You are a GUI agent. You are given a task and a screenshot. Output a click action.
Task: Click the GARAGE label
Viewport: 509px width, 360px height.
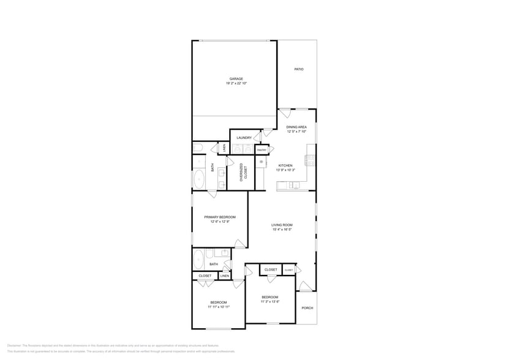pyautogui.click(x=236, y=78)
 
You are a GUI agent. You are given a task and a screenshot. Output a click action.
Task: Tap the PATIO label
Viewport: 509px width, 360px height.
pyautogui.click(x=298, y=69)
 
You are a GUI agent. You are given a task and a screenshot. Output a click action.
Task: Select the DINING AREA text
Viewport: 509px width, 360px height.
pyautogui.click(x=296, y=127)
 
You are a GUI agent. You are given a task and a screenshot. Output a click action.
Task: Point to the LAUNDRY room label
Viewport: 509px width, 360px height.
pyautogui.click(x=244, y=138)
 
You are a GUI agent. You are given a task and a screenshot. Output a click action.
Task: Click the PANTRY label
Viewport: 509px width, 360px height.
pyautogui.click(x=262, y=150)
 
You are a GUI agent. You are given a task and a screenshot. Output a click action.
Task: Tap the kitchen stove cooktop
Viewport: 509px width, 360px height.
pyautogui.click(x=311, y=160)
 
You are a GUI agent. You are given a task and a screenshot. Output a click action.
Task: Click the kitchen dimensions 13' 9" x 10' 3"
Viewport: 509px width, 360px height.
pyautogui.click(x=285, y=170)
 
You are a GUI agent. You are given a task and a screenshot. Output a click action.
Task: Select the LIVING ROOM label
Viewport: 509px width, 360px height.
pyautogui.click(x=282, y=225)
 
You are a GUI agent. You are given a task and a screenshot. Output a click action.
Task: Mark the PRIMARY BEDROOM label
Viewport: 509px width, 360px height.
pyautogui.click(x=219, y=217)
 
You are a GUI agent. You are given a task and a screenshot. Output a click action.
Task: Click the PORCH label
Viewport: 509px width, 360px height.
pyautogui.click(x=307, y=307)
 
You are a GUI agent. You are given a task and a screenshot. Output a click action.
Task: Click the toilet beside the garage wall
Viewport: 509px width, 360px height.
pyautogui.click(x=198, y=148)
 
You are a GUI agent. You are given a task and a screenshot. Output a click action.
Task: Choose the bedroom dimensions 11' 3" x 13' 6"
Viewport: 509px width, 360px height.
pyautogui.click(x=270, y=301)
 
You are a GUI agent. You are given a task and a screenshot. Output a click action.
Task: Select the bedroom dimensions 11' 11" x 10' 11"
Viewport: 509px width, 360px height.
pyautogui.click(x=219, y=307)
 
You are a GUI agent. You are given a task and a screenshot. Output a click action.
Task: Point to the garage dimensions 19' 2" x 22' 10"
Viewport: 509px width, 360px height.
pyautogui.click(x=236, y=83)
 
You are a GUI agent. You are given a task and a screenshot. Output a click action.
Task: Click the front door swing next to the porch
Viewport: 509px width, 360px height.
pyautogui.click(x=304, y=285)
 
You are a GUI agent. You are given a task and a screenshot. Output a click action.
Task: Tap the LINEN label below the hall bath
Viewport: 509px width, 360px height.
pyautogui.click(x=224, y=276)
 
